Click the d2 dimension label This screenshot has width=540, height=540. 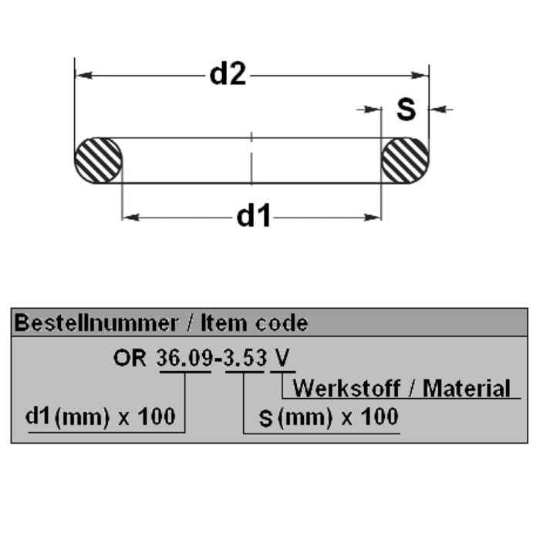pyautogui.click(x=228, y=75)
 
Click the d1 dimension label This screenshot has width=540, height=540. pyautogui.click(x=253, y=218)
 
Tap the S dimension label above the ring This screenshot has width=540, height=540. pyautogui.click(x=406, y=110)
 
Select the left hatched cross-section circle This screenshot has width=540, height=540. pyautogui.click(x=99, y=160)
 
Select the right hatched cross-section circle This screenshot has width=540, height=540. pyautogui.click(x=406, y=160)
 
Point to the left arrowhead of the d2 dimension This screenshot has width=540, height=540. pyautogui.click(x=83, y=76)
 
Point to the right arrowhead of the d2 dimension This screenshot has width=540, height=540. pyautogui.click(x=420, y=76)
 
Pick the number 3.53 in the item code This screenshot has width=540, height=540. pyautogui.click(x=245, y=359)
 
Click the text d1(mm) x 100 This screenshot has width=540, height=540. pyautogui.click(x=100, y=417)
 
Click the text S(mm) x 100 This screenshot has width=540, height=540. pyautogui.click(x=328, y=417)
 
